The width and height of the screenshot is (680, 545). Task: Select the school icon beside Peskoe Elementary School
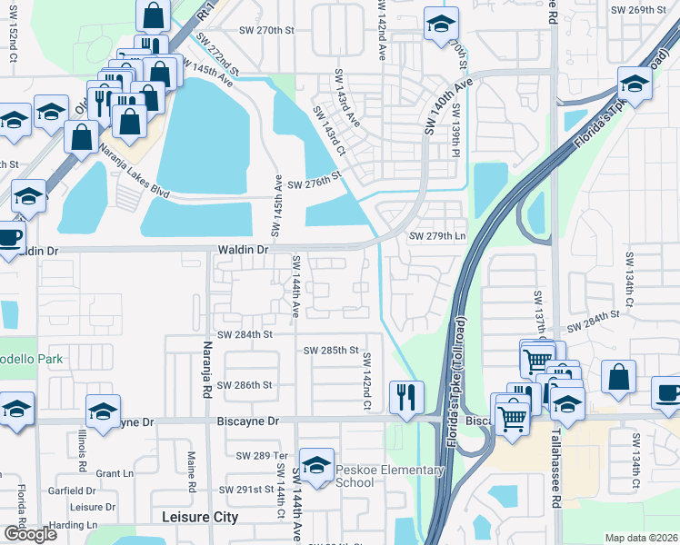coord(316,464)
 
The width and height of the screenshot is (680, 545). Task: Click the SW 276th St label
coord(314,184)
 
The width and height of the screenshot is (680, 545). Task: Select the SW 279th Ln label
coord(437,236)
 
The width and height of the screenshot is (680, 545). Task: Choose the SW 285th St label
coord(332,350)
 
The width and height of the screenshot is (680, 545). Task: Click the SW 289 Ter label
coord(261,455)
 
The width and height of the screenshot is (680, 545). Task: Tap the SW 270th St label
coord(267,30)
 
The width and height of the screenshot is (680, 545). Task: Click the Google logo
coord(30,534)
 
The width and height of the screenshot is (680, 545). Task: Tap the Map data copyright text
coord(642,538)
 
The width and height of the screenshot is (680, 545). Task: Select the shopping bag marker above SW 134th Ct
coord(618,378)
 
